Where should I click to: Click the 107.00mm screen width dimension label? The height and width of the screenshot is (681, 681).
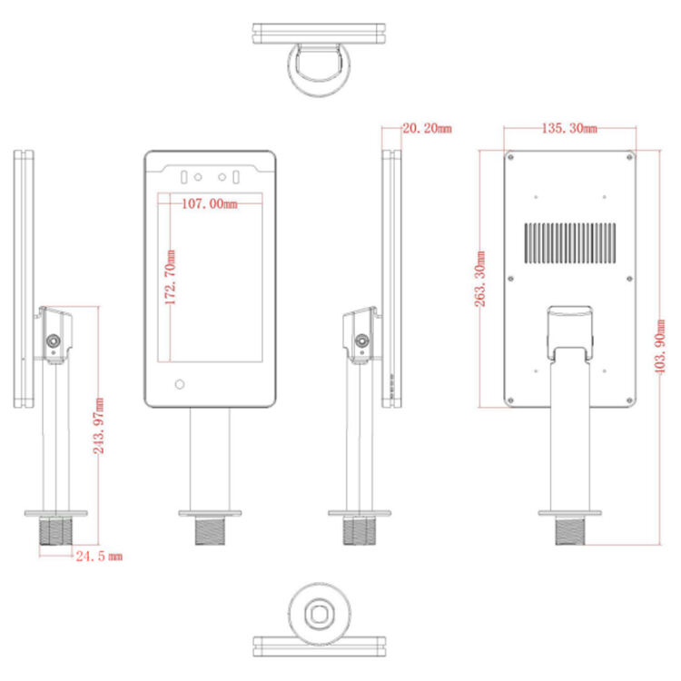pos(209,204)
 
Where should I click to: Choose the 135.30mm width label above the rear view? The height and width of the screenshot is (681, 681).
pos(569,129)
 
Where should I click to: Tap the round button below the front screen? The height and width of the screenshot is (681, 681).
pos(179,384)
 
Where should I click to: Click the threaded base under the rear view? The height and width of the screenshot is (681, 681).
pos(570,530)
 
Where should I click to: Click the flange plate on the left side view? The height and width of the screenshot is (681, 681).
pos(55,514)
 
